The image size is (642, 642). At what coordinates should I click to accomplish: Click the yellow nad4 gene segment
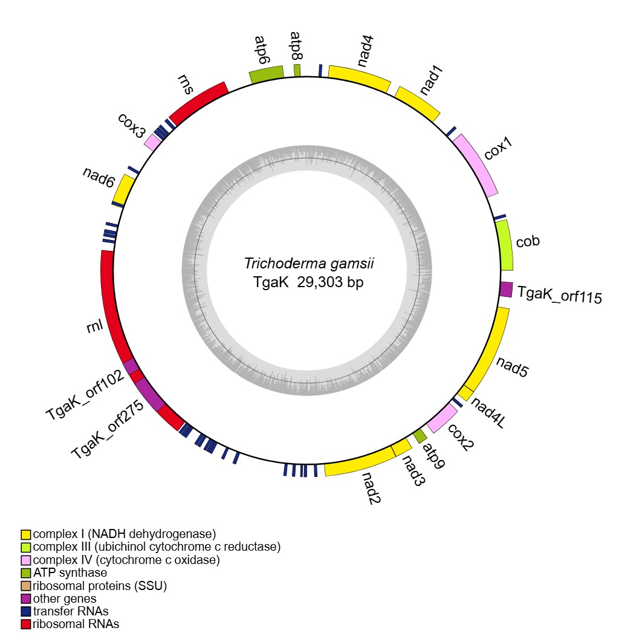359,77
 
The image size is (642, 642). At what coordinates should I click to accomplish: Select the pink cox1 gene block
476,164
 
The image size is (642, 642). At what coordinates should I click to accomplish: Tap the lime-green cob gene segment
504,245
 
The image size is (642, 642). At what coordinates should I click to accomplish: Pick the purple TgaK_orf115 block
507,289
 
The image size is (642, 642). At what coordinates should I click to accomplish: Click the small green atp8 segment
297,70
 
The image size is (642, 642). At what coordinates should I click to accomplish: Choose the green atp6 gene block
267,75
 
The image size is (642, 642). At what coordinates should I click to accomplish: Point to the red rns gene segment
198,102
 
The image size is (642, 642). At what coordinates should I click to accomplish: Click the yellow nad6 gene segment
124,189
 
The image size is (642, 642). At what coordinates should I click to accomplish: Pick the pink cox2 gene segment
442,418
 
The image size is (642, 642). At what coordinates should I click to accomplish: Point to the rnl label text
96,327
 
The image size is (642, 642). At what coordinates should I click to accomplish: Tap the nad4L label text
488,412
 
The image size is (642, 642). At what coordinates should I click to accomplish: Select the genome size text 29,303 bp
331,282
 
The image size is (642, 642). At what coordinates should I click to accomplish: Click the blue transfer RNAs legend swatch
26,611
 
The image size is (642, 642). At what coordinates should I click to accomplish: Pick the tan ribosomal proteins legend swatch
26,586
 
